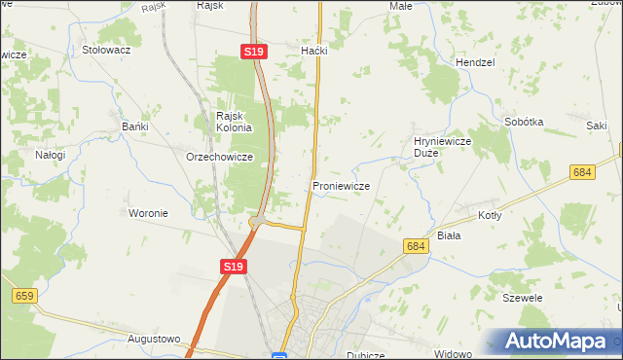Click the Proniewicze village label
click(x=339, y=186)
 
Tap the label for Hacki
click(x=314, y=51)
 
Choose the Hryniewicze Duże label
click(x=443, y=147)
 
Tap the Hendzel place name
click(x=475, y=62)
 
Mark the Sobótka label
click(x=524, y=123)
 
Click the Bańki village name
click(x=134, y=126)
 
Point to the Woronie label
click(x=149, y=213)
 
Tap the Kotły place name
click(x=490, y=215)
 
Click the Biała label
click(x=449, y=235)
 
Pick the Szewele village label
click(x=522, y=298)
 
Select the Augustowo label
click(x=155, y=340)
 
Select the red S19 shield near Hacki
click(x=254, y=52)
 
